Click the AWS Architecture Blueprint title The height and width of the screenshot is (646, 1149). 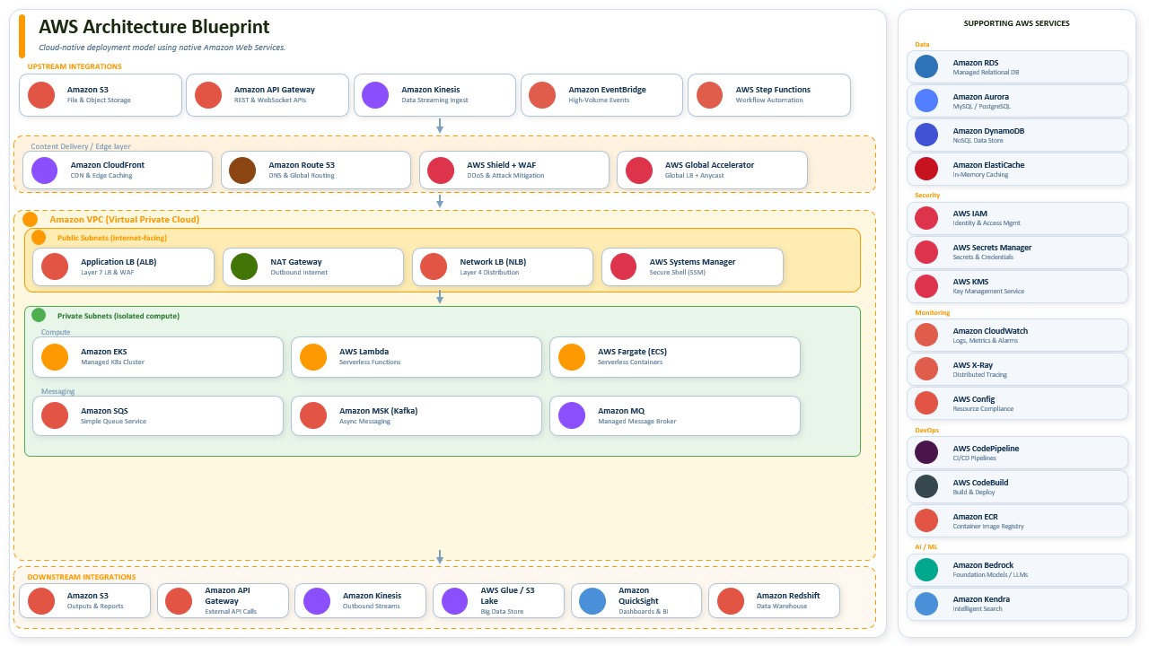pyautogui.click(x=153, y=27)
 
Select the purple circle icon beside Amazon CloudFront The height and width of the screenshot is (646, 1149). pyautogui.click(x=45, y=170)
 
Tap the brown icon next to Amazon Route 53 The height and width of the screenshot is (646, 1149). pyautogui.click(x=242, y=170)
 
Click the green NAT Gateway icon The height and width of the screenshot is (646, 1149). pyautogui.click(x=244, y=266)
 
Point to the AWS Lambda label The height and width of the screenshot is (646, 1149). pyautogui.click(x=364, y=352)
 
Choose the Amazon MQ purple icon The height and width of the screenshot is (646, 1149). pyautogui.click(x=572, y=415)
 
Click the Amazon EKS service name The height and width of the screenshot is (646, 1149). pyautogui.click(x=103, y=352)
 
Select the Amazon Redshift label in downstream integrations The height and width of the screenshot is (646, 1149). pyautogui.click(x=788, y=595)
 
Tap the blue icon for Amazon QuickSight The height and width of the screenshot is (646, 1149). pyautogui.click(x=592, y=601)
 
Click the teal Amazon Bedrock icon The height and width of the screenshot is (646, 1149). pyautogui.click(x=926, y=570)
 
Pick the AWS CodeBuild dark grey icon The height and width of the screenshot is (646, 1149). pyautogui.click(x=926, y=486)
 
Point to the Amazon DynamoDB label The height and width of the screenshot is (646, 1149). pyautogui.click(x=988, y=131)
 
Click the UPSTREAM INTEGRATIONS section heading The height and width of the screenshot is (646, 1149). pyautogui.click(x=75, y=66)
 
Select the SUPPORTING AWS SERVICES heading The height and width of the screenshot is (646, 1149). pyautogui.click(x=1017, y=23)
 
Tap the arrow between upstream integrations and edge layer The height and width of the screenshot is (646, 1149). pyautogui.click(x=440, y=127)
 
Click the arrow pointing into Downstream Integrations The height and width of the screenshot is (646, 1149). pyautogui.click(x=440, y=557)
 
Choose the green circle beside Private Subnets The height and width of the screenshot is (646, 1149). pyautogui.click(x=39, y=315)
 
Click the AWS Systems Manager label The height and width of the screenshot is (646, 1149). pyautogui.click(x=692, y=262)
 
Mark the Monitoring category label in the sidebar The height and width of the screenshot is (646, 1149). pyautogui.click(x=932, y=313)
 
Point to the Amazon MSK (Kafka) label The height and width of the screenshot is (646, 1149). pyautogui.click(x=378, y=411)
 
